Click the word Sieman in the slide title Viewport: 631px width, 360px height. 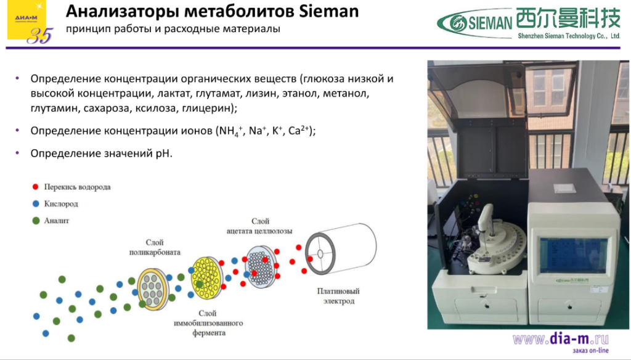click(328, 12)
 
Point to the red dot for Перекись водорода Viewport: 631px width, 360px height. click(35, 186)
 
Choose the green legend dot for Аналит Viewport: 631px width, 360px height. click(35, 220)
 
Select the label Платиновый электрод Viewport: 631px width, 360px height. click(338, 296)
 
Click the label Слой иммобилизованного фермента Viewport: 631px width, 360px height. click(206, 323)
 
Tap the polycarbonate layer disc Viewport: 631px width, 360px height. click(152, 287)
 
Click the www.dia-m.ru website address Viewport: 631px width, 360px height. click(560, 338)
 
